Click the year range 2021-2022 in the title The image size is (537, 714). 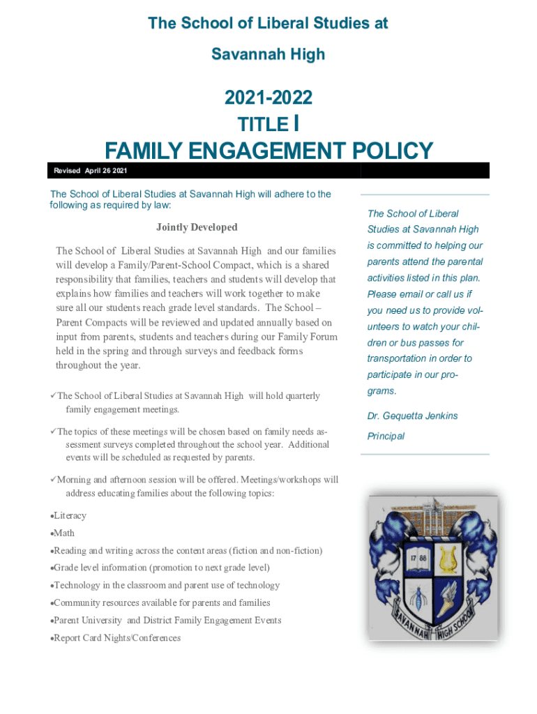[x=268, y=98]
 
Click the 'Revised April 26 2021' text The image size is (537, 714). [x=90, y=171]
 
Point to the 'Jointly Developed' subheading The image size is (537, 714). [x=197, y=227]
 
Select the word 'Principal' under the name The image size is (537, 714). [x=386, y=436]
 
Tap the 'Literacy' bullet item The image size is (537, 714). [x=70, y=516]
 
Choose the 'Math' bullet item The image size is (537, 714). [x=63, y=533]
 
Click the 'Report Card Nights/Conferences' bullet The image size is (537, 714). [x=117, y=638]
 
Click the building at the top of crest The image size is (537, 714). [x=432, y=511]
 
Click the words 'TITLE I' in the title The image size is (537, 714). [x=268, y=124]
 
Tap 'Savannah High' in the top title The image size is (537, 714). [x=268, y=54]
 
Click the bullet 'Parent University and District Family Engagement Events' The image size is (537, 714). [x=167, y=621]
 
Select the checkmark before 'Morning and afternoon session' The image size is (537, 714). [x=52, y=480]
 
